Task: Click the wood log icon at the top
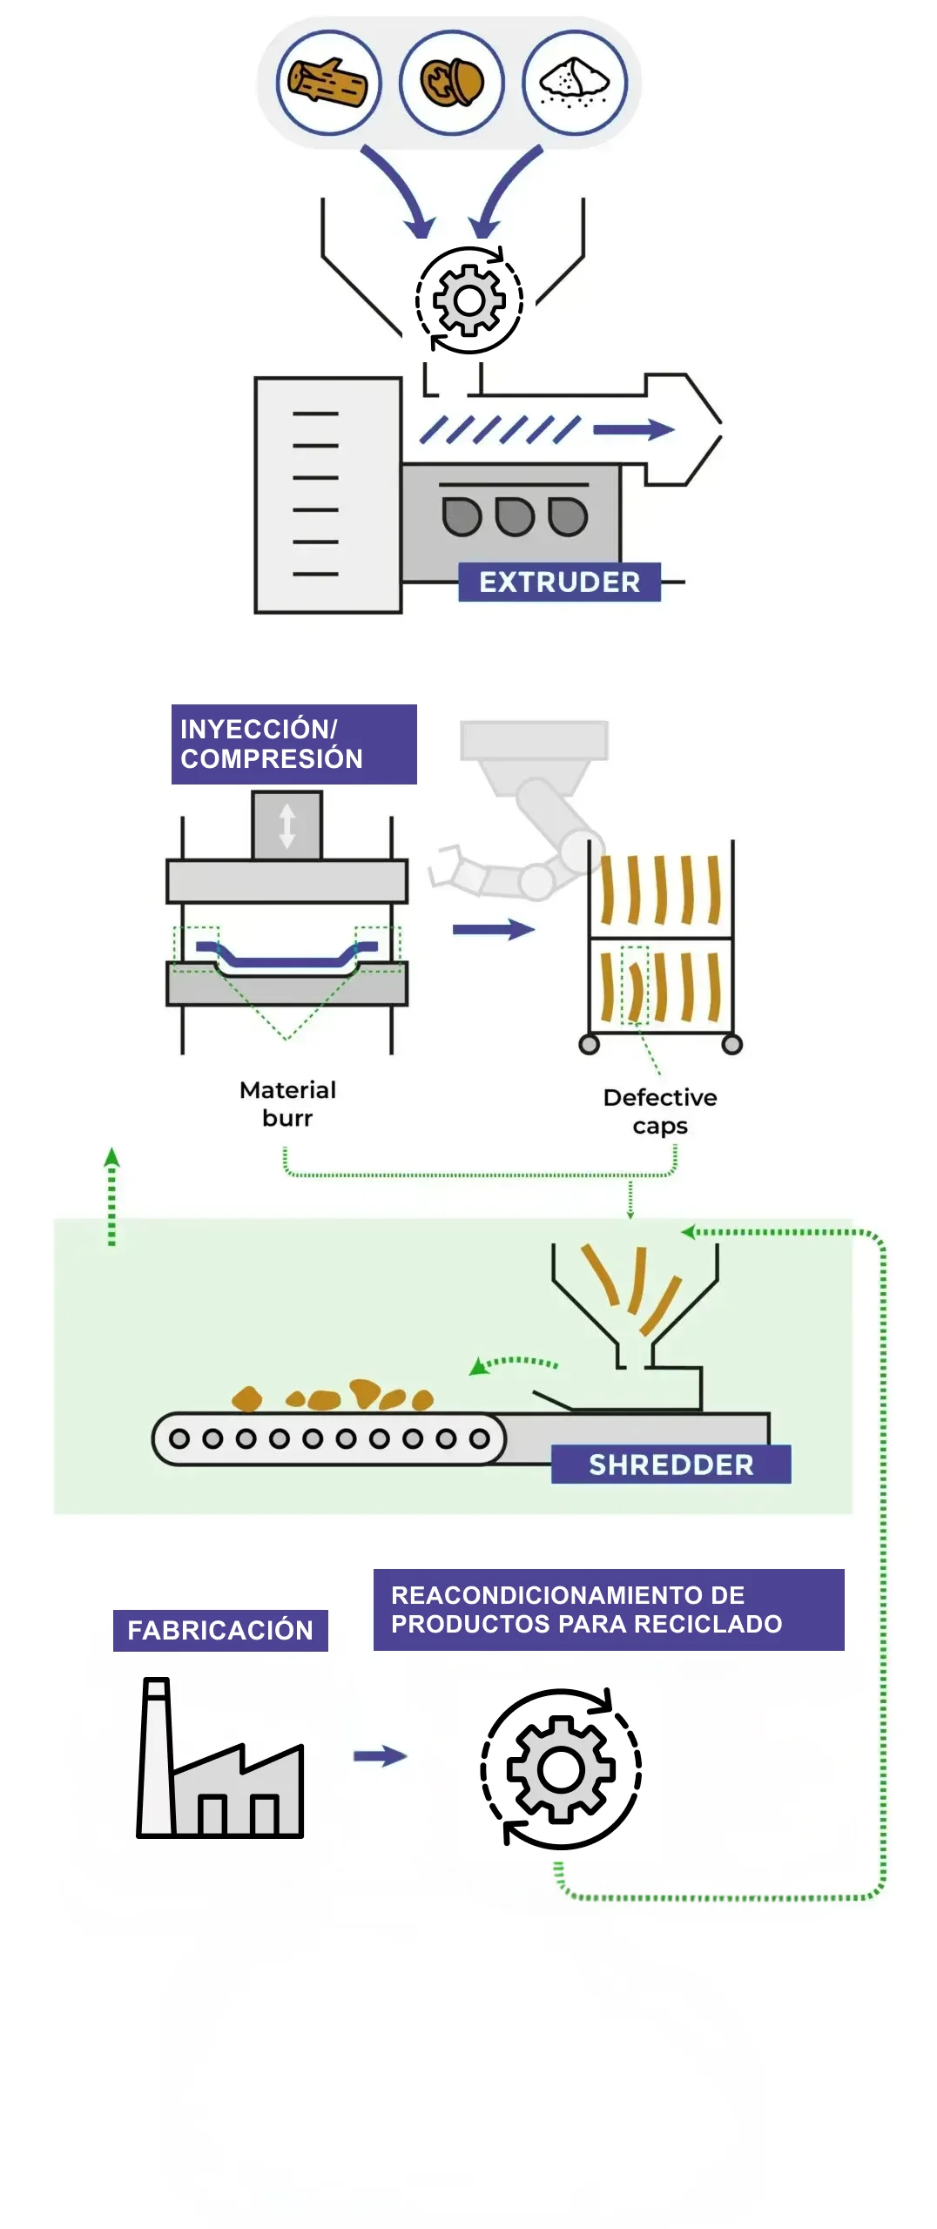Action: pyautogui.click(x=328, y=83)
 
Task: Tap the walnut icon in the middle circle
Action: pyautogui.click(x=451, y=83)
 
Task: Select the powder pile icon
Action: pyautogui.click(x=574, y=83)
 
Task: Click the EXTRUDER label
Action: pyautogui.click(x=559, y=582)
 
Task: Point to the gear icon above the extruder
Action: pyautogui.click(x=469, y=300)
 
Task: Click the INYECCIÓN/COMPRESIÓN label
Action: pyautogui.click(x=293, y=744)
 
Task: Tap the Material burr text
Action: pyautogui.click(x=287, y=1104)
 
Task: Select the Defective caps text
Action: pyautogui.click(x=660, y=1111)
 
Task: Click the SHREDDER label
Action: pyautogui.click(x=671, y=1465)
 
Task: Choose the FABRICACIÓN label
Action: pyautogui.click(x=220, y=1630)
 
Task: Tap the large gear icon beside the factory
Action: pyautogui.click(x=561, y=1768)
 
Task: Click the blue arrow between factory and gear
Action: pyautogui.click(x=381, y=1756)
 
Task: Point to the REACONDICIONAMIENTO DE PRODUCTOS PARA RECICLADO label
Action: pyautogui.click(x=609, y=1610)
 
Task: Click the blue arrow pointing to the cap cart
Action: pyautogui.click(x=493, y=930)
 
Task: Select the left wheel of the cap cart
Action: pyautogui.click(x=590, y=1044)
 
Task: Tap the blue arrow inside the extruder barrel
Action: pyautogui.click(x=633, y=429)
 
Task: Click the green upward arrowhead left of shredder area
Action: pyautogui.click(x=111, y=1157)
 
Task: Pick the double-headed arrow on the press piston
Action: pyautogui.click(x=287, y=825)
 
